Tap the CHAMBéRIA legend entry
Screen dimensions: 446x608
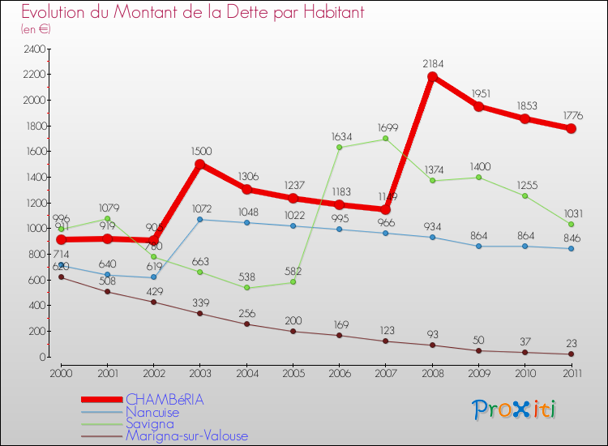165,400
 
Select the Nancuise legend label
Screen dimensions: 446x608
152,412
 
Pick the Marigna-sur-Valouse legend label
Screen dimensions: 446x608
186,435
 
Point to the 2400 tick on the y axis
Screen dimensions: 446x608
34,49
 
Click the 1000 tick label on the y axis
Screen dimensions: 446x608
34,229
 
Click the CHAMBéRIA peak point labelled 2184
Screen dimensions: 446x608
432,77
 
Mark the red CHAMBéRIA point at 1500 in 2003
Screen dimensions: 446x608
199,165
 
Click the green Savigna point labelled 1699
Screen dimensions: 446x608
385,139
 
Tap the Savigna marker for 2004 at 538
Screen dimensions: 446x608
246,288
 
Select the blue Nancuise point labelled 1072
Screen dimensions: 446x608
199,219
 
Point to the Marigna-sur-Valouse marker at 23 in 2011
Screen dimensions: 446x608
571,354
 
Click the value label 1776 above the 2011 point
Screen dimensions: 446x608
571,116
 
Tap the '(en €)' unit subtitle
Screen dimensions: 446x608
36,29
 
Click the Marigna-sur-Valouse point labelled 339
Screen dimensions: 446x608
199,313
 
